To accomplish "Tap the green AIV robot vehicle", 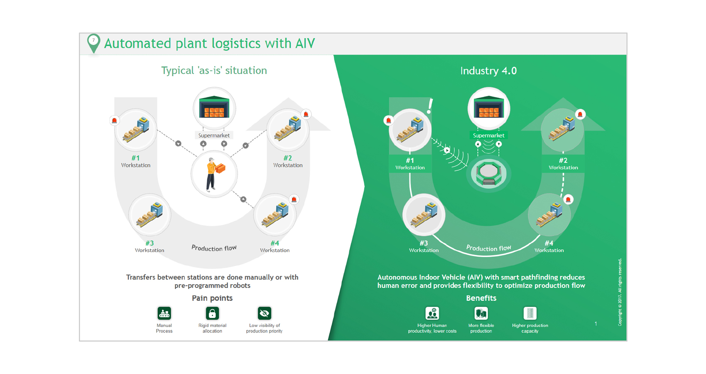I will [488, 173].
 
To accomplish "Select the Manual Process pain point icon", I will [164, 313].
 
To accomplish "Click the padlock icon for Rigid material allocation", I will [212, 313].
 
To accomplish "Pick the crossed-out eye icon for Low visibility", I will [264, 313].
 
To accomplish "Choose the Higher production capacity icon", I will [530, 313].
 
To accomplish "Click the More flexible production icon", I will [481, 313].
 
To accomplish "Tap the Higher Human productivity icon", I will [432, 313].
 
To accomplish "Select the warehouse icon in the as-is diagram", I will [214, 107].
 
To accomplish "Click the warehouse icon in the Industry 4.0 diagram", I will [488, 107].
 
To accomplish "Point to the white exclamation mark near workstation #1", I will [430, 106].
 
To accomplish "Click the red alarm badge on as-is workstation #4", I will [294, 199].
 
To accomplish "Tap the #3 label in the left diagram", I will [150, 243].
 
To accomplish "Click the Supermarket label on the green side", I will [488, 135].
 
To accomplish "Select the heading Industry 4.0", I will [488, 71].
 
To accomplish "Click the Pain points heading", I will [212, 298].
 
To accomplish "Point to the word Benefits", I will [481, 298].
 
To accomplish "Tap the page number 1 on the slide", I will [596, 324].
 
